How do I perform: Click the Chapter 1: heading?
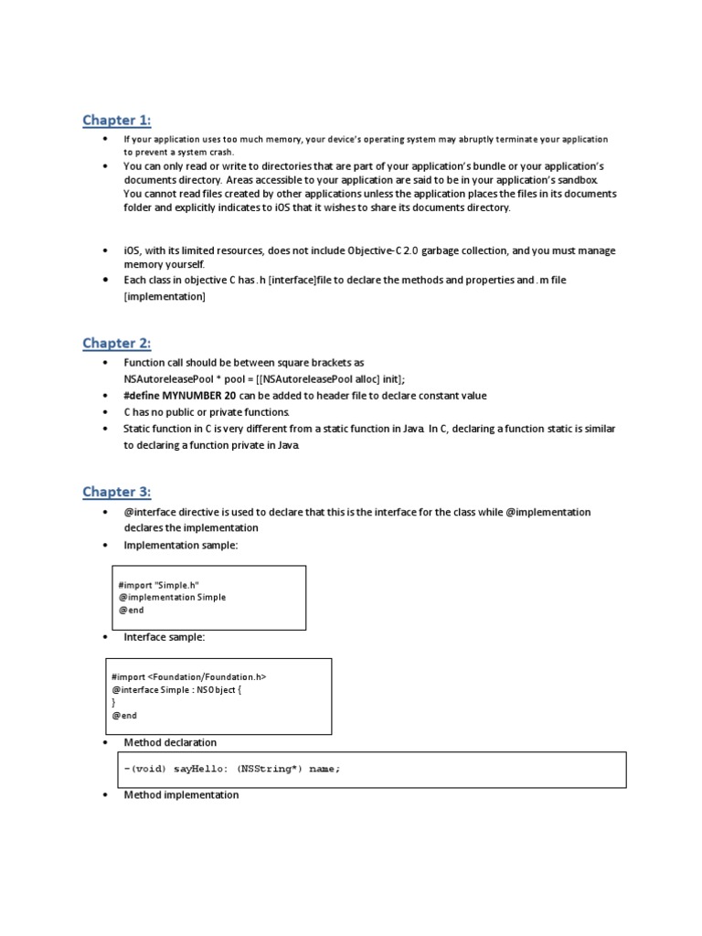coord(116,121)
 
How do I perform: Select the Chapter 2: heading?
coord(116,343)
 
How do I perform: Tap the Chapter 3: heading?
coord(116,492)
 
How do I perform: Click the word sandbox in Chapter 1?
coord(571,180)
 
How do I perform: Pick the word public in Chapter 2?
coord(173,412)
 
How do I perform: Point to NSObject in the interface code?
coord(217,689)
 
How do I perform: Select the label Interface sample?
coord(165,637)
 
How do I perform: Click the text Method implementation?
coord(181,795)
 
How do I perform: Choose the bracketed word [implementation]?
coord(165,297)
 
